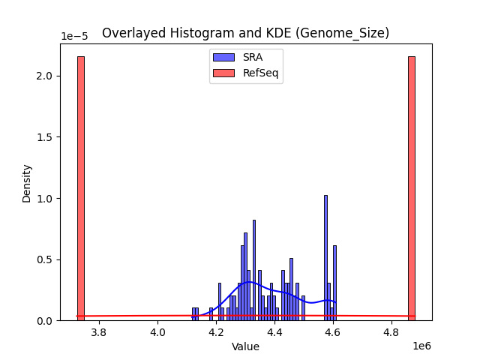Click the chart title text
[x=245, y=33]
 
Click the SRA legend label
[x=253, y=57]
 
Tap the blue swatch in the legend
[x=223, y=57]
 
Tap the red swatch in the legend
[x=223, y=73]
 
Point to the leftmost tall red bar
[x=80, y=187]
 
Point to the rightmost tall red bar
[x=411, y=187]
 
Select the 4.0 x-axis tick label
[x=157, y=331]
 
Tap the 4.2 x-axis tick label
[x=216, y=331]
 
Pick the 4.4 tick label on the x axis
[x=274, y=331]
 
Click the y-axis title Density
[x=27, y=183]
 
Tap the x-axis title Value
[x=245, y=346]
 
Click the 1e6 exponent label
[x=421, y=346]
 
